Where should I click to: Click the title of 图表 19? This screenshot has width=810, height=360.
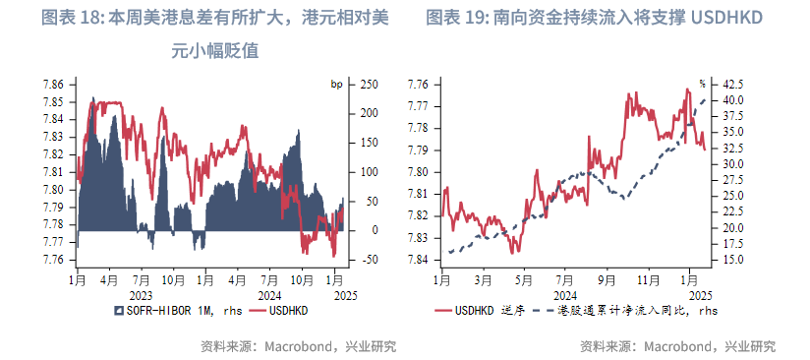pyautogui.click(x=594, y=19)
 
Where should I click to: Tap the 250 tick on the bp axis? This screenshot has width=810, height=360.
pyautogui.click(x=370, y=85)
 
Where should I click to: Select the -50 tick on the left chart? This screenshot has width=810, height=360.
pyautogui.click(x=370, y=260)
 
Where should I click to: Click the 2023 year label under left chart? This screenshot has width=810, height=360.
pyautogui.click(x=141, y=293)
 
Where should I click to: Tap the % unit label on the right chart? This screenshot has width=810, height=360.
pyautogui.click(x=702, y=85)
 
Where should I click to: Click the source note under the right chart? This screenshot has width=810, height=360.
pyautogui.click(x=677, y=346)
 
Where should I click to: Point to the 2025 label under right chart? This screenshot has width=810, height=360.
pyautogui.click(x=699, y=293)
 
